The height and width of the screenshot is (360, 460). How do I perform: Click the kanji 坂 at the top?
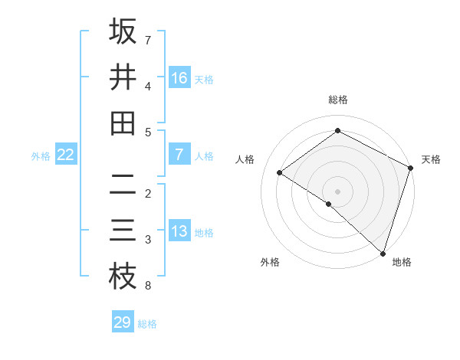coord(123,31)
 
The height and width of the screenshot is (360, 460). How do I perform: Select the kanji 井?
coord(123,77)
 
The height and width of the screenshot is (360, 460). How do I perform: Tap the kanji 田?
coord(123,123)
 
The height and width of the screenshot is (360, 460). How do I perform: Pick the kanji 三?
coord(123,231)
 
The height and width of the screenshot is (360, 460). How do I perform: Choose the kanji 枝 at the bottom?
coord(123,277)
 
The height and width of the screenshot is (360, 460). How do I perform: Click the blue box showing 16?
coord(179,77)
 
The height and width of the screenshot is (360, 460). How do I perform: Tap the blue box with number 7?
coord(179,155)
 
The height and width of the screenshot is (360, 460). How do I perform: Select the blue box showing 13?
coord(179,232)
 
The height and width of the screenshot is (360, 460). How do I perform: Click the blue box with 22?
coord(65,155)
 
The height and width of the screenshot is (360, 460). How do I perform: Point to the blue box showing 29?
coord(122,322)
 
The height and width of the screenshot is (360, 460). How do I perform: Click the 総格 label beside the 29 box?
coord(147,324)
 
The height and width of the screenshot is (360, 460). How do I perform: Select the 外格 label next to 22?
coord(41,156)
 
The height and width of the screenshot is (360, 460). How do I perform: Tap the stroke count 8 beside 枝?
coord(147,286)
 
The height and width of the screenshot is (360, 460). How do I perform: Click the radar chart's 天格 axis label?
coord(431,159)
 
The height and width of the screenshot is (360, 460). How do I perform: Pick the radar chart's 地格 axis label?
coord(402,262)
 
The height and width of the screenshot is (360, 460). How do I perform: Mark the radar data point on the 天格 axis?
coord(410,168)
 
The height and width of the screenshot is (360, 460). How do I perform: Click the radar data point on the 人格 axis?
coord(279,172)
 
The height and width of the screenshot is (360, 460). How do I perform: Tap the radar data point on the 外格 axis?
coord(328,204)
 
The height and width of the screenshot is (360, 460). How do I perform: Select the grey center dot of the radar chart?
coord(337,191)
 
